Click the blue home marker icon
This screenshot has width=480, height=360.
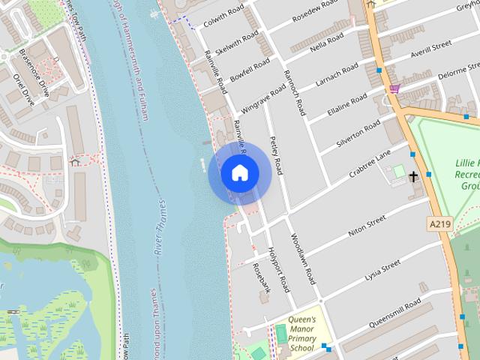[x=239, y=173]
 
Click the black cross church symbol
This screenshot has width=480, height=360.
[x=413, y=177]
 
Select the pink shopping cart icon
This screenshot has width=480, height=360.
[x=394, y=88]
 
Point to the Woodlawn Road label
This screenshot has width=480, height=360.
[x=303, y=257]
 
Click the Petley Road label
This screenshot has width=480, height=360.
[x=275, y=156]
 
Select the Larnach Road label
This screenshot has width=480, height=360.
[x=339, y=80]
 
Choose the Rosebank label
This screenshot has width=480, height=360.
[x=260, y=277]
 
